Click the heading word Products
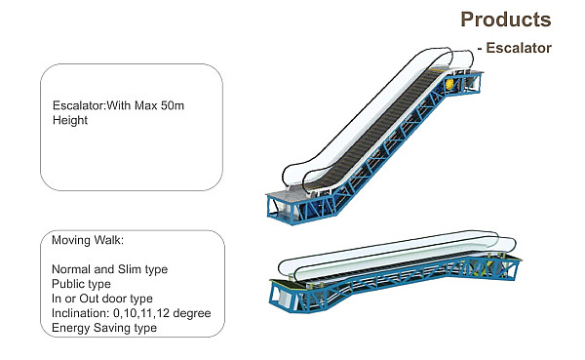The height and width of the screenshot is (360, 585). point(505,20)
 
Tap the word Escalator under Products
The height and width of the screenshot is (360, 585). point(519,48)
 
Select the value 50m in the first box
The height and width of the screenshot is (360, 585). point(173,105)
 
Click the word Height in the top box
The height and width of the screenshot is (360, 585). point(70,120)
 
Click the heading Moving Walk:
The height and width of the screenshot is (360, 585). point(88,240)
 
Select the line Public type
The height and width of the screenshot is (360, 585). point(81,284)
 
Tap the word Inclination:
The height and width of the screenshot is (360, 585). point(81,313)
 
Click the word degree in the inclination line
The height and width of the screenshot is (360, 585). point(192,313)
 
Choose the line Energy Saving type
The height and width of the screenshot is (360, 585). point(104,328)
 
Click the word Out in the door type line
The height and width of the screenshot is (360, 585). point(89,299)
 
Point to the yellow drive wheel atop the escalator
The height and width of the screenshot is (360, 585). point(449,84)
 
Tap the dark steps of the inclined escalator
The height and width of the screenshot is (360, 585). point(376,129)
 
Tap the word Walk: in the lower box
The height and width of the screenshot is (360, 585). point(108,240)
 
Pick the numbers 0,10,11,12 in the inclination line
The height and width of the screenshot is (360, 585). point(141,313)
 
